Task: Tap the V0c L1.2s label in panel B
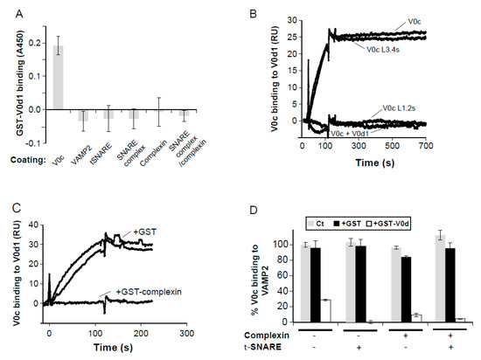tap(400, 108)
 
